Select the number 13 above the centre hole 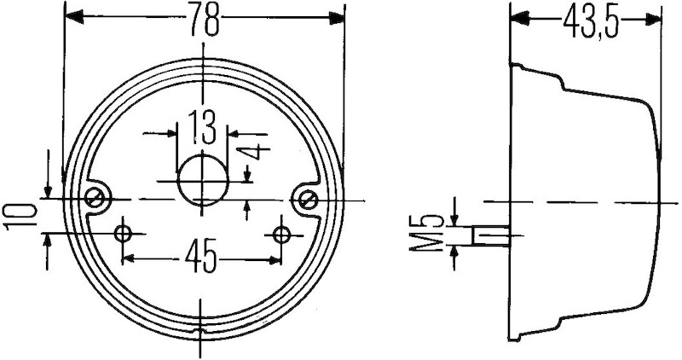pyautogui.click(x=201, y=129)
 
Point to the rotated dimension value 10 pyautogui.click(x=17, y=216)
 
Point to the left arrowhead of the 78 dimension pyautogui.click(x=73, y=17)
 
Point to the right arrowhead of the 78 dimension pyautogui.click(x=336, y=17)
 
